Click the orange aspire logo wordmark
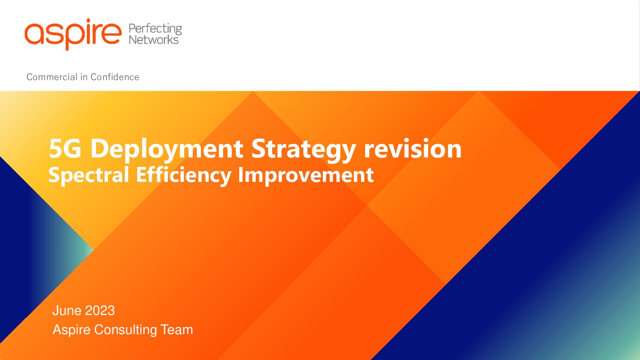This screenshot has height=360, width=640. click(x=73, y=34)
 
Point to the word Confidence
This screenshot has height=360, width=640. click(x=115, y=77)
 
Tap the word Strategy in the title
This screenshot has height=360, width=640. click(x=303, y=149)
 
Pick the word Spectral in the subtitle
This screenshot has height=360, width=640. click(x=88, y=175)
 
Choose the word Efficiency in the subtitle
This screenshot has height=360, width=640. click(x=183, y=175)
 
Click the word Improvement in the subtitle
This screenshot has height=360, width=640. click(x=306, y=175)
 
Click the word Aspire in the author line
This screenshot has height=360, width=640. click(x=72, y=330)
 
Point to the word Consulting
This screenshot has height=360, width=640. click(x=126, y=330)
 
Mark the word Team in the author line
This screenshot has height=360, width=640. click(x=177, y=330)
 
